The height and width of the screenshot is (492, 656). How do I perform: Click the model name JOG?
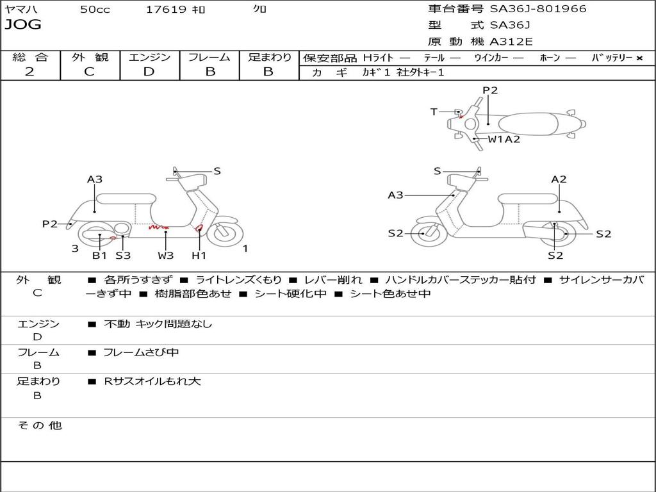click(23, 25)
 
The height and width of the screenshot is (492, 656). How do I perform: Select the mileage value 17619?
click(166, 10)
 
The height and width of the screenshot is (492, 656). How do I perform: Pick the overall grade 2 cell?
click(29, 72)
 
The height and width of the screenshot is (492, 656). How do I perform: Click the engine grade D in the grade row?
click(149, 72)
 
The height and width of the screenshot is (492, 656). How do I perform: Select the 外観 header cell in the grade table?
click(90, 58)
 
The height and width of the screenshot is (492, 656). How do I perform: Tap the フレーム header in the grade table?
click(209, 58)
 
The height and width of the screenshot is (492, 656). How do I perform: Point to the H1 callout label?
click(199, 256)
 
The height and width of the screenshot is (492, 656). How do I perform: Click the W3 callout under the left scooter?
click(166, 256)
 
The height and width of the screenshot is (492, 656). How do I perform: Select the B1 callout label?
click(99, 256)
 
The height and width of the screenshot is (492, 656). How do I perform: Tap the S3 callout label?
click(123, 256)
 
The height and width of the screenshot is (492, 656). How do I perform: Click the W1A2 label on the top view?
click(504, 139)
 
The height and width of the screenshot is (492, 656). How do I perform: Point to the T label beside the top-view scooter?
click(434, 112)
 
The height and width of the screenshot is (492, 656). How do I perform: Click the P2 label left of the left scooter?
click(50, 224)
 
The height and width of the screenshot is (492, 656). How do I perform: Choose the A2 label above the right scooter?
click(559, 179)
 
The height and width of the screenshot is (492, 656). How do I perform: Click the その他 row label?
click(39, 425)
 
